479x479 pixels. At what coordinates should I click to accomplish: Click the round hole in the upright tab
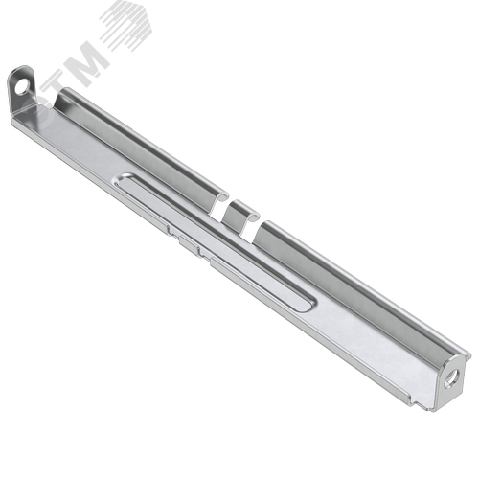click(x=21, y=87)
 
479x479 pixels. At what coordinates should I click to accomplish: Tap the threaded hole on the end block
click(x=454, y=376)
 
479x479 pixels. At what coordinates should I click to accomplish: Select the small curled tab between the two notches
click(x=240, y=215)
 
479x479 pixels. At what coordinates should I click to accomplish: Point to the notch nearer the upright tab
click(x=221, y=208)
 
